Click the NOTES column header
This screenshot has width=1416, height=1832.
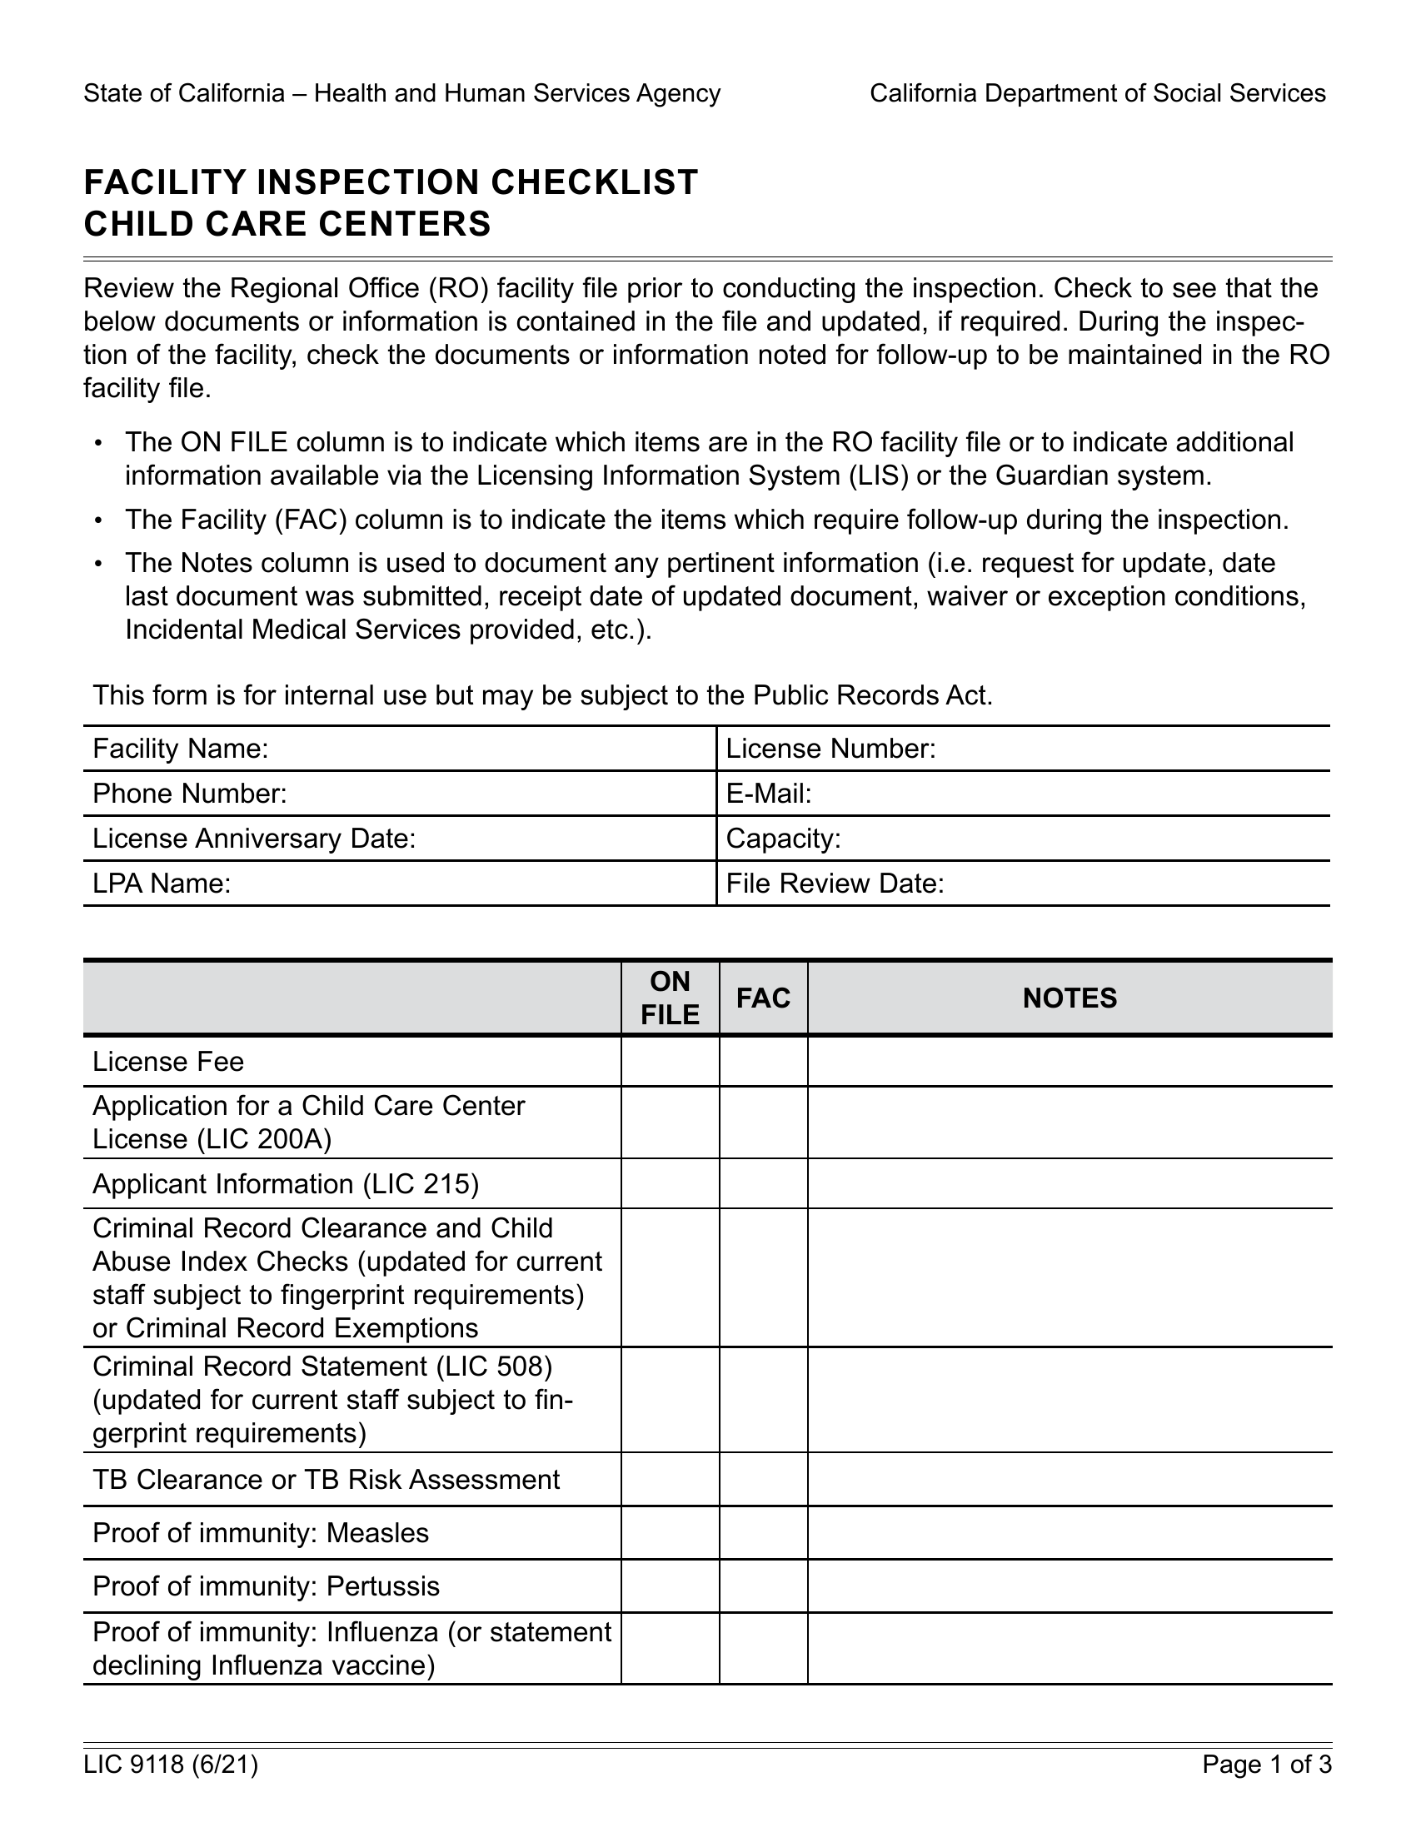pyautogui.click(x=1069, y=998)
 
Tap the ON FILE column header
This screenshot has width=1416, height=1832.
pyautogui.click(x=670, y=998)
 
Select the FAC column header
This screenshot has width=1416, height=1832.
pyautogui.click(x=763, y=998)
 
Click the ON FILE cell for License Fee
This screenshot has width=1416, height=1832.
pyautogui.click(x=670, y=1061)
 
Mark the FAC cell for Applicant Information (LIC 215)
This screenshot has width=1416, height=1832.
pyautogui.click(x=763, y=1183)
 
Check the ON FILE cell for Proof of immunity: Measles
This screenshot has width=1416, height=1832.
pyautogui.click(x=670, y=1532)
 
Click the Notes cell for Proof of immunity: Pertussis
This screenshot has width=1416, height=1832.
pyautogui.click(x=1069, y=1586)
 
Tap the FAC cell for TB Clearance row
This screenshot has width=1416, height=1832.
pyautogui.click(x=763, y=1479)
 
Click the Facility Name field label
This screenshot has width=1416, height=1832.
pyautogui.click(x=181, y=749)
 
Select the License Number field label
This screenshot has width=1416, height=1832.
pyautogui.click(x=830, y=749)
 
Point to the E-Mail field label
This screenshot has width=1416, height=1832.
pyautogui.click(x=769, y=794)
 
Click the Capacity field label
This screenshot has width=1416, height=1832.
pyautogui.click(x=783, y=839)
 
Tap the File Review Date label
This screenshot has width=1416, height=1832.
pyautogui.click(x=835, y=884)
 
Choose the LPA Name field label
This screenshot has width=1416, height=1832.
pyautogui.click(x=161, y=884)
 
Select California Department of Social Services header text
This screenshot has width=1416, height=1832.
pyautogui.click(x=1097, y=93)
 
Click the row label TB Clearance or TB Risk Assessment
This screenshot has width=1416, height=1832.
pyautogui.click(x=326, y=1479)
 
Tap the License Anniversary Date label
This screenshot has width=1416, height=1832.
pyautogui.click(x=254, y=839)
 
